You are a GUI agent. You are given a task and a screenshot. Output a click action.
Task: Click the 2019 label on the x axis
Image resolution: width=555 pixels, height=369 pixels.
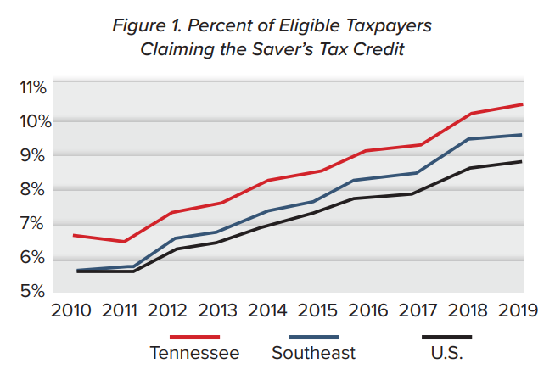(518, 310)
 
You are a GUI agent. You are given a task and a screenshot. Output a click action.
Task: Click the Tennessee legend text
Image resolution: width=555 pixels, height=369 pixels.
(194, 352)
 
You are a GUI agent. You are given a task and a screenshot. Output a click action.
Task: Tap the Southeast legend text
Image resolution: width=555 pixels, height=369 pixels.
(313, 352)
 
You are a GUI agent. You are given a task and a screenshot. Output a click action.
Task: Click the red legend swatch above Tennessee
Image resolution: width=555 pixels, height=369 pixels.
(194, 337)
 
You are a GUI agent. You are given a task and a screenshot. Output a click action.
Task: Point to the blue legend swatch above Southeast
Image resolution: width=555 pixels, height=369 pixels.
(313, 337)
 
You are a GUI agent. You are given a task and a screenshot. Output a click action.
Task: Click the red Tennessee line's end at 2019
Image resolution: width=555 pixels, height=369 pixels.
(521, 104)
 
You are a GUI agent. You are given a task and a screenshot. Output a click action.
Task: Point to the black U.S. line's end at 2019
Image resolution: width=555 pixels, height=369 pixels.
(521, 161)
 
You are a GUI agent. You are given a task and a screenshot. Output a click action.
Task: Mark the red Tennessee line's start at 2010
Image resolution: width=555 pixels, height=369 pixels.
(75, 235)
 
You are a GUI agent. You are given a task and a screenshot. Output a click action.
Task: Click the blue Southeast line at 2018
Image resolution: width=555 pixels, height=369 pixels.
(470, 139)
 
